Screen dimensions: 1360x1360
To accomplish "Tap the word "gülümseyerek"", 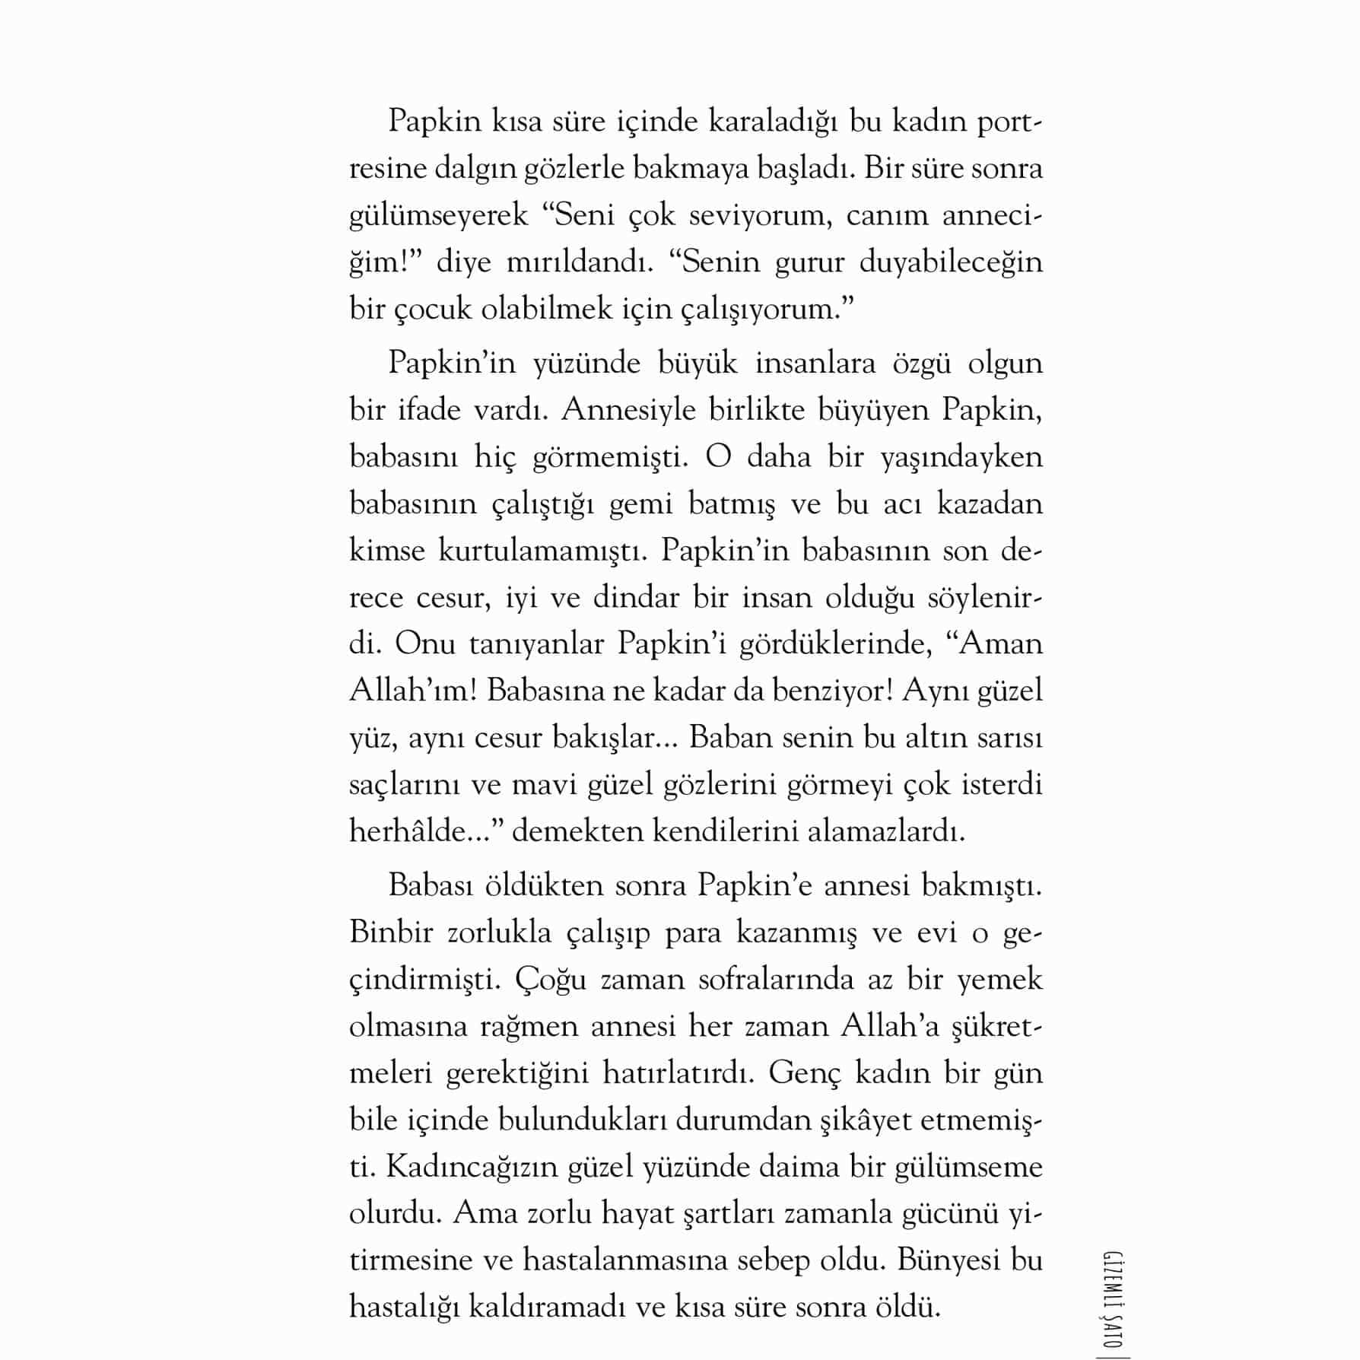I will click(x=438, y=216).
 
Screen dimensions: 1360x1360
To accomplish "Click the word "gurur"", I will click(x=809, y=262).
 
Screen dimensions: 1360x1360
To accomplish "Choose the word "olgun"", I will click(x=1004, y=363).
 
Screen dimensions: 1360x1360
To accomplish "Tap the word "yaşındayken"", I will click(x=961, y=457).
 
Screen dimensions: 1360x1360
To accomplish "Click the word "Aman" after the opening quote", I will click(x=1001, y=644).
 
